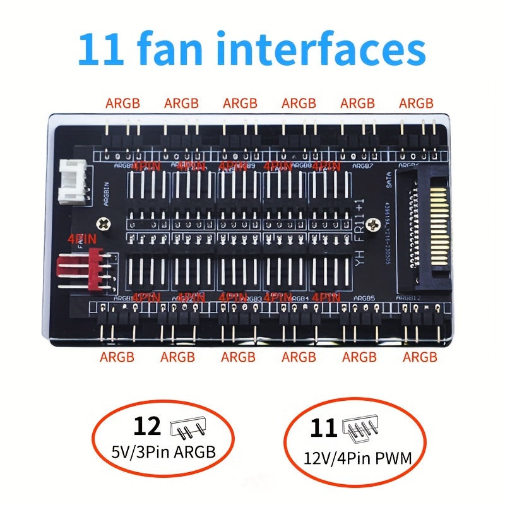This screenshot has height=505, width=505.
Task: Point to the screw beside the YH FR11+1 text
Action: [377, 222]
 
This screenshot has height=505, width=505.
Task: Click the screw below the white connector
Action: [102, 222]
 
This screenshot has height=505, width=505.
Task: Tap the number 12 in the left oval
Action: [146, 427]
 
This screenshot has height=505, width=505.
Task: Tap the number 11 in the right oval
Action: [324, 430]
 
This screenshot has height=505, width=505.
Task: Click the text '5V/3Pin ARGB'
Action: [163, 452]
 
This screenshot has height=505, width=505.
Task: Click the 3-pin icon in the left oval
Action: [188, 429]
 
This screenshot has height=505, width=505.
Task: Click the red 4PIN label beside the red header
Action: [80, 239]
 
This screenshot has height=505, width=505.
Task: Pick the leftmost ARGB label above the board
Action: [122, 103]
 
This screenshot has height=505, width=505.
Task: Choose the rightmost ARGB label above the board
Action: [416, 103]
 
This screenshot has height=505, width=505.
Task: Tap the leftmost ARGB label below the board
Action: [117, 357]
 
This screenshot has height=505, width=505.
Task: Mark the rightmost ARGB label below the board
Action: [420, 357]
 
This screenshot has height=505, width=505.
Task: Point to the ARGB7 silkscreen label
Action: [363, 165]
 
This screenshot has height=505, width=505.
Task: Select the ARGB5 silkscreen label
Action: [364, 299]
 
